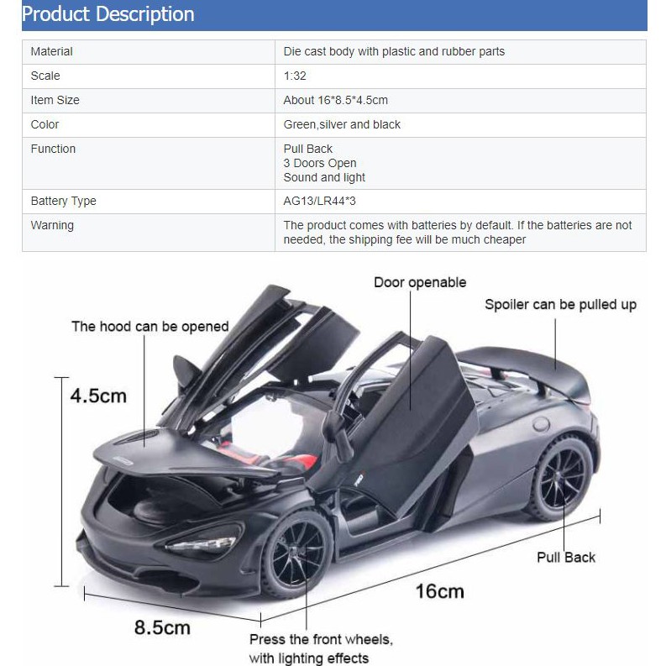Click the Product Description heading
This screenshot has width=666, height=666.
pos(108,14)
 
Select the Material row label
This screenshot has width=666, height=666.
pos(51,51)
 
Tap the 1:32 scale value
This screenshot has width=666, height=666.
pos(295,76)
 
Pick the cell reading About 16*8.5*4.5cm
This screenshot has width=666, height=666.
pos(335,100)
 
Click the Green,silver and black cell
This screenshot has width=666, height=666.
pos(342,124)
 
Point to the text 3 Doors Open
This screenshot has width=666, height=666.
pos(319,163)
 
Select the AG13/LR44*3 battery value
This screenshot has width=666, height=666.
pos(323,201)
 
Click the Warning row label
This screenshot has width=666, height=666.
pos(52,225)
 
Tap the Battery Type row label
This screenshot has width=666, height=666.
pos(63,201)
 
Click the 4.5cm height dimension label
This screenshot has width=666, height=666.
pos(98,395)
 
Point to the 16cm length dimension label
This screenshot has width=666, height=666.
pos(439,590)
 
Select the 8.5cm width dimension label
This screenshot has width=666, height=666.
pos(162,627)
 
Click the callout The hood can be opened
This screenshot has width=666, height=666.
pos(149,327)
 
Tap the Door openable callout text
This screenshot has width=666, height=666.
pos(420,282)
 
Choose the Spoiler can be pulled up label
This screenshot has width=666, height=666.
pos(560,304)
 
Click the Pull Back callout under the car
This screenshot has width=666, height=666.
pos(566,556)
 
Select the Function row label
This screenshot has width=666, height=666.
pos(53,149)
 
